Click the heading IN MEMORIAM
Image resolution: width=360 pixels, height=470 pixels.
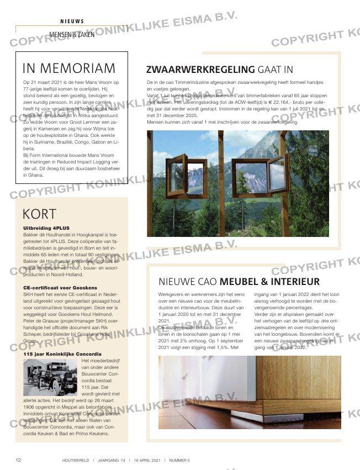click(x=69, y=68)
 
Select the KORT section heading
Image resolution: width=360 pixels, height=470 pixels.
click(x=40, y=214)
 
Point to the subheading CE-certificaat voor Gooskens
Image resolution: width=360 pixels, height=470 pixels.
click(x=60, y=288)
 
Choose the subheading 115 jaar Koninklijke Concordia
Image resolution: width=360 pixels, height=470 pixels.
click(x=62, y=353)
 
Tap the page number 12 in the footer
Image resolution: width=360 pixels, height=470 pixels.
click(x=18, y=460)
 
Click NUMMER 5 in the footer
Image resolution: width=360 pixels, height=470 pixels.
click(x=179, y=460)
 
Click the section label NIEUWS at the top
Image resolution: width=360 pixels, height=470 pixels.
click(x=72, y=22)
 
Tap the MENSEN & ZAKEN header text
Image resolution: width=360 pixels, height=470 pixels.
click(x=72, y=34)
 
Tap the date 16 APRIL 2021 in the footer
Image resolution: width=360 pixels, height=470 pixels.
click(x=146, y=460)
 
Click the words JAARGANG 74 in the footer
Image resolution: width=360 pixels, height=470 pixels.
click(x=113, y=460)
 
